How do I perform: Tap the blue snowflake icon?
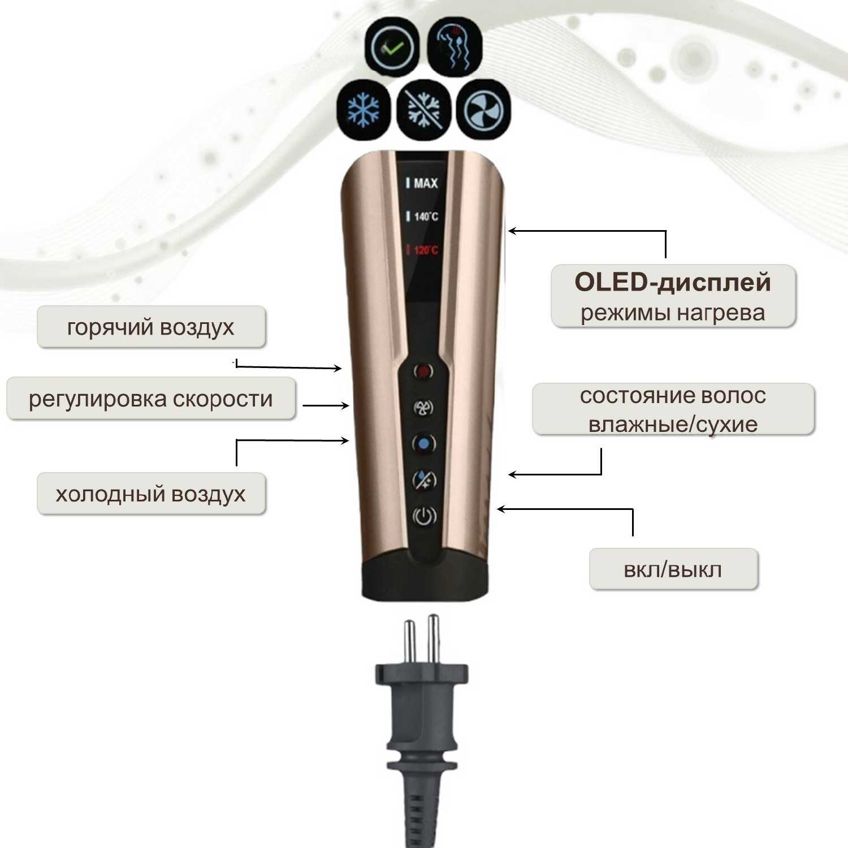(363, 108)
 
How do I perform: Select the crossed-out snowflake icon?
(424, 107)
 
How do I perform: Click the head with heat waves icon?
(455, 47)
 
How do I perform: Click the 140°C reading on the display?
(425, 217)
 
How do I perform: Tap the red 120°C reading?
(425, 250)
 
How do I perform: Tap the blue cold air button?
(423, 443)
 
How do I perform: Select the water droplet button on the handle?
(424, 479)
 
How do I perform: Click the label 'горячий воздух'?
(150, 327)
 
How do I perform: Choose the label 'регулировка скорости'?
(150, 399)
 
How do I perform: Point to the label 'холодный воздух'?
(150, 494)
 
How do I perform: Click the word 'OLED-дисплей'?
(673, 282)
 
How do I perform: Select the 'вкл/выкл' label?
(673, 569)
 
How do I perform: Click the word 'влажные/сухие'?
(673, 424)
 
